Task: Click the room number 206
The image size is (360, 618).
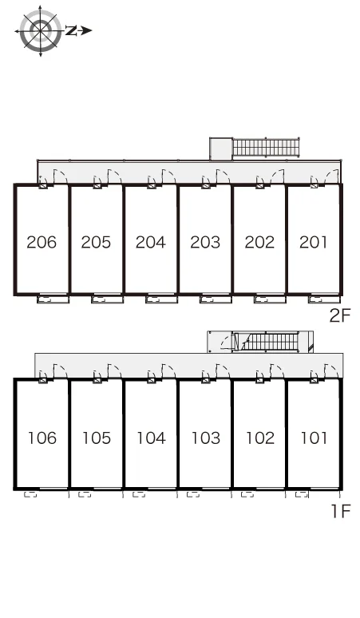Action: click(42, 242)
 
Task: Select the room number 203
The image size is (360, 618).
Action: click(205, 242)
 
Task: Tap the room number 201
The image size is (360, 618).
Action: click(314, 242)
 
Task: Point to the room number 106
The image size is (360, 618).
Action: click(42, 438)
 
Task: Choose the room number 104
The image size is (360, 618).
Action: click(151, 438)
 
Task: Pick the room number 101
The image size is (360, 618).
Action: click(314, 438)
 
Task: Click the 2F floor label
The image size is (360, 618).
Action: click(340, 315)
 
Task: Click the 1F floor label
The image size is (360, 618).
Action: click(341, 511)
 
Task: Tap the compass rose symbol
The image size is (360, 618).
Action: click(41, 31)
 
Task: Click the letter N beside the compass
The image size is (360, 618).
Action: click(70, 31)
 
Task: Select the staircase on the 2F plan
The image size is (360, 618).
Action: click(267, 148)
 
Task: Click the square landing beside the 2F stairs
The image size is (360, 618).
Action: click(221, 149)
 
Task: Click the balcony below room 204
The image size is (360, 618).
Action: click(161, 299)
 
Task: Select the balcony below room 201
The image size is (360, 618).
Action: click(324, 299)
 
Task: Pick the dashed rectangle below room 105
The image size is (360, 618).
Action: click(85, 494)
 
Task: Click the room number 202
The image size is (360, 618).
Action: click(259, 242)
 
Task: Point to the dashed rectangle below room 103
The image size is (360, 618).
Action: click(193, 494)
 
